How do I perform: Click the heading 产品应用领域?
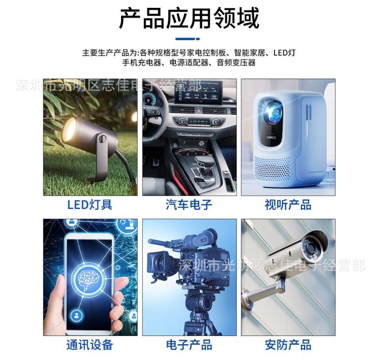coord(189,18)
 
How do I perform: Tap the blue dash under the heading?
coord(190,39)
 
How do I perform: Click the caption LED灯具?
coord(90,204)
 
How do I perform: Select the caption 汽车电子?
coord(189,204)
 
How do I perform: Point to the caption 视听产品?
coord(288,204)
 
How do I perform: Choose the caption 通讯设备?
coord(90,345)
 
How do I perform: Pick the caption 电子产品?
coord(189,345)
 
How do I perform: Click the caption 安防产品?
coord(288,345)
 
